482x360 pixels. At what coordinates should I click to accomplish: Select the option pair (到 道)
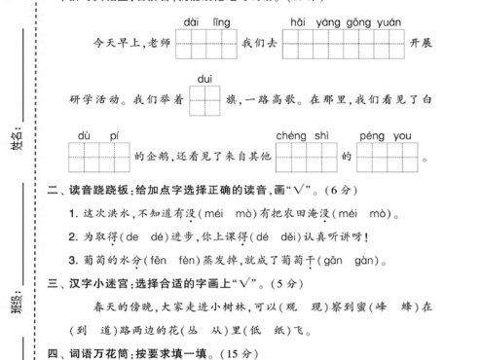84,329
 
